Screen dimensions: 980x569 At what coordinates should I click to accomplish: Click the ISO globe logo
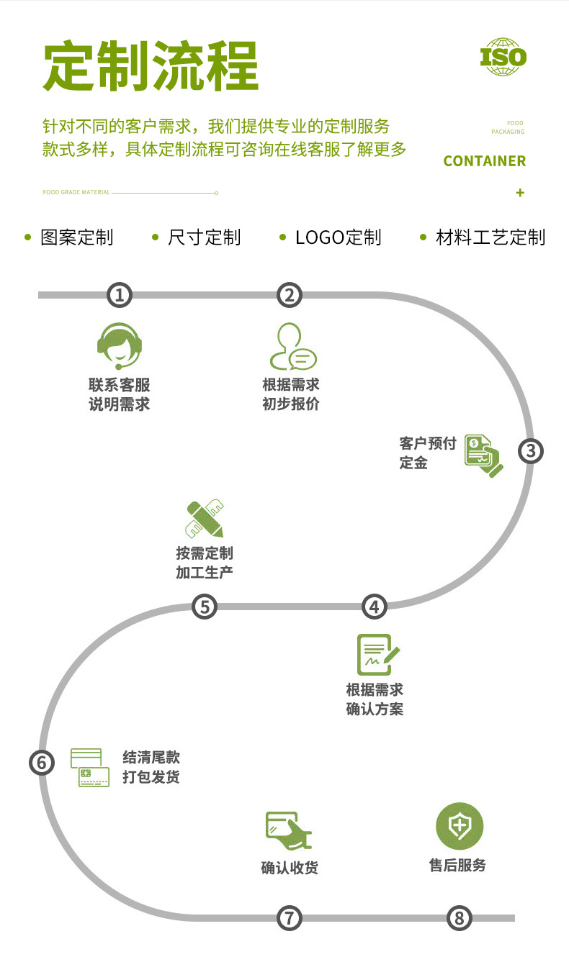click(503, 58)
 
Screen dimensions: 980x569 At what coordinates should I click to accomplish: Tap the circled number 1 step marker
click(120, 294)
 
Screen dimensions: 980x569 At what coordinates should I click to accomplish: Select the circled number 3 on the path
click(531, 451)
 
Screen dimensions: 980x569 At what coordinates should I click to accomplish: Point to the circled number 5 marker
click(205, 607)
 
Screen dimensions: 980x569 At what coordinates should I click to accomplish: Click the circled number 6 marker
click(42, 762)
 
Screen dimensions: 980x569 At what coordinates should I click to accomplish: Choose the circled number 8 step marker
click(459, 917)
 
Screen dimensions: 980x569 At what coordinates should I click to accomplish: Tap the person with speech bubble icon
click(292, 348)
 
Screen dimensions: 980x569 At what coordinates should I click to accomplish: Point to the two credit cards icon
click(90, 768)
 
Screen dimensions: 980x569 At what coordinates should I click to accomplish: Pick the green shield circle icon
click(459, 825)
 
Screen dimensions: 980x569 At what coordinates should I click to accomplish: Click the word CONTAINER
click(484, 161)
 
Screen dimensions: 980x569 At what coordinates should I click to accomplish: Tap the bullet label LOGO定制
click(338, 237)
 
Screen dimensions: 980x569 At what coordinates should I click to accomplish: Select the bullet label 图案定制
click(77, 237)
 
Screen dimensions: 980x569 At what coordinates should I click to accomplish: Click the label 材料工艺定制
click(490, 237)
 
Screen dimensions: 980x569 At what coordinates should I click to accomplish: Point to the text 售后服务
click(458, 865)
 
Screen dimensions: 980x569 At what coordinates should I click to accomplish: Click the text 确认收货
click(289, 868)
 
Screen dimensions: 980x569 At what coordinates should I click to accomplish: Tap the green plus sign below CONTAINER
click(520, 193)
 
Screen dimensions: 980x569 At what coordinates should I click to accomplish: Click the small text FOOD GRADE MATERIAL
click(76, 193)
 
